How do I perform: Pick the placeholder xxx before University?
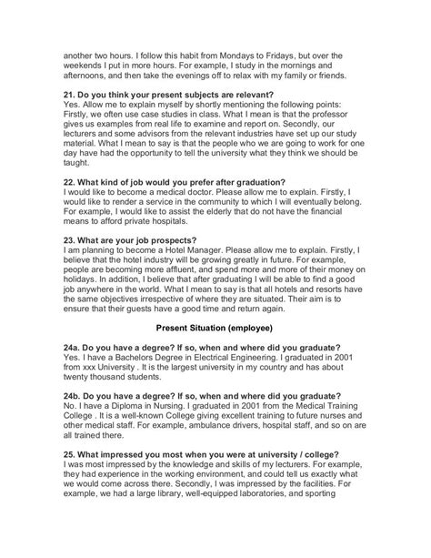(95, 374)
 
